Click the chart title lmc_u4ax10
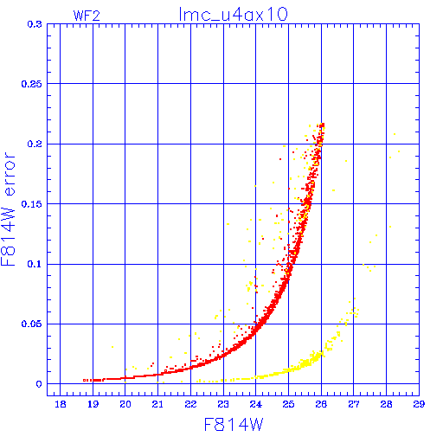click(234, 14)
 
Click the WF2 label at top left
click(87, 16)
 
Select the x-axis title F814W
click(234, 425)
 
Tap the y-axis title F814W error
click(9, 209)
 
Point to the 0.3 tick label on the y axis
click(35, 24)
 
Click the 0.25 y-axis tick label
click(32, 84)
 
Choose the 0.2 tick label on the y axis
click(35, 144)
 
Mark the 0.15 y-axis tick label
click(32, 204)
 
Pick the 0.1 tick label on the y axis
click(35, 264)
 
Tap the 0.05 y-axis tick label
click(32, 324)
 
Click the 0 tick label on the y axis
click(39, 384)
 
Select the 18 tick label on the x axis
click(61, 404)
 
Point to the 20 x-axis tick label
click(125, 404)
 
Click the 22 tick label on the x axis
click(190, 404)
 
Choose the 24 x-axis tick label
click(256, 404)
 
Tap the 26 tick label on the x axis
click(321, 404)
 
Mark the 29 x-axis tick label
click(419, 404)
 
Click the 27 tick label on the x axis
click(354, 404)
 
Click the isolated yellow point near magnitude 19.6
click(112, 347)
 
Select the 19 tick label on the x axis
click(93, 404)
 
